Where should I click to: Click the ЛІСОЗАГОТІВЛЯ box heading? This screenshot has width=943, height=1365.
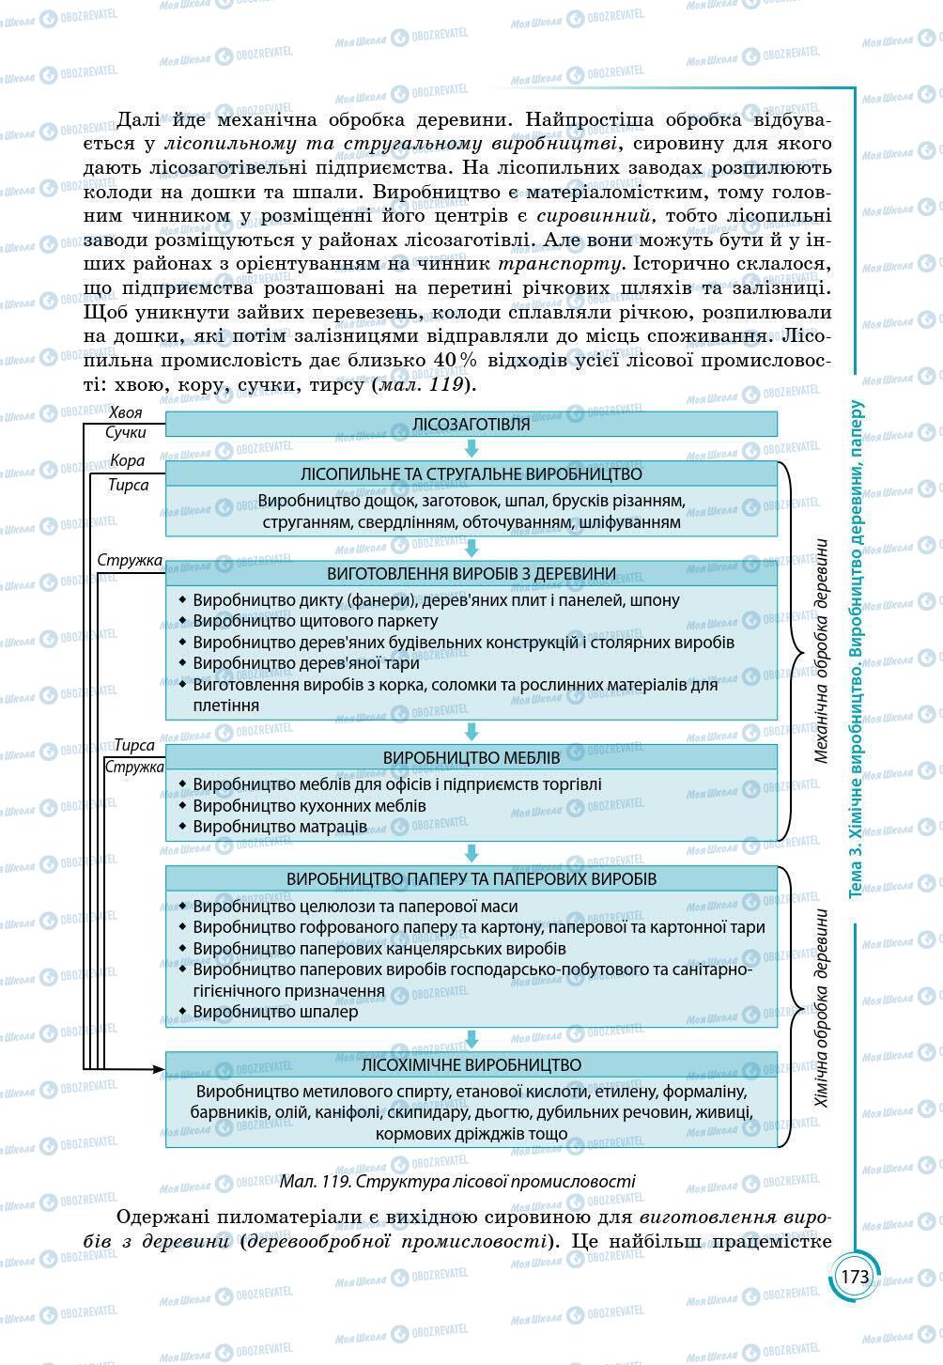tap(471, 424)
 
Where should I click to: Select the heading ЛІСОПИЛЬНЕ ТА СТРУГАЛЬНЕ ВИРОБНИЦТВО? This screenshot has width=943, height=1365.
tap(471, 473)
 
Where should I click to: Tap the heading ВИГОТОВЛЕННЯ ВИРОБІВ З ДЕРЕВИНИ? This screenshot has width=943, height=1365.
tap(471, 573)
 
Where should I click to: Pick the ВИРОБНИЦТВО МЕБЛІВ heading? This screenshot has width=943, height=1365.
tap(471, 757)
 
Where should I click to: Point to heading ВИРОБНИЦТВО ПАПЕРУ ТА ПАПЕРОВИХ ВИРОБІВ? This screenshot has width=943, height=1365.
tap(471, 879)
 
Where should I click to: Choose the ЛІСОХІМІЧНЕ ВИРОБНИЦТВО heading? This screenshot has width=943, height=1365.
tap(471, 1065)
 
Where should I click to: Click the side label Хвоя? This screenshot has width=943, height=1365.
tap(126, 412)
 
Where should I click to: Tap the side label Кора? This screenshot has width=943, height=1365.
tap(128, 461)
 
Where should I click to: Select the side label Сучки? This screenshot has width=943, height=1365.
tap(126, 433)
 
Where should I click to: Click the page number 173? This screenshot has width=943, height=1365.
tap(855, 1277)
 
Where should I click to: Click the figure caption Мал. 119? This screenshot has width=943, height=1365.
tap(456, 1181)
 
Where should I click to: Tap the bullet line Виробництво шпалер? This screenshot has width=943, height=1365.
tap(275, 1012)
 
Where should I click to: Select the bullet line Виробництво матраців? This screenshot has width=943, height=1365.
tap(280, 827)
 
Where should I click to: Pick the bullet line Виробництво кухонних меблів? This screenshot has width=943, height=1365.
tap(309, 806)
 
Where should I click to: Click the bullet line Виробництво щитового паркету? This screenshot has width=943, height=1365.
tap(315, 621)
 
